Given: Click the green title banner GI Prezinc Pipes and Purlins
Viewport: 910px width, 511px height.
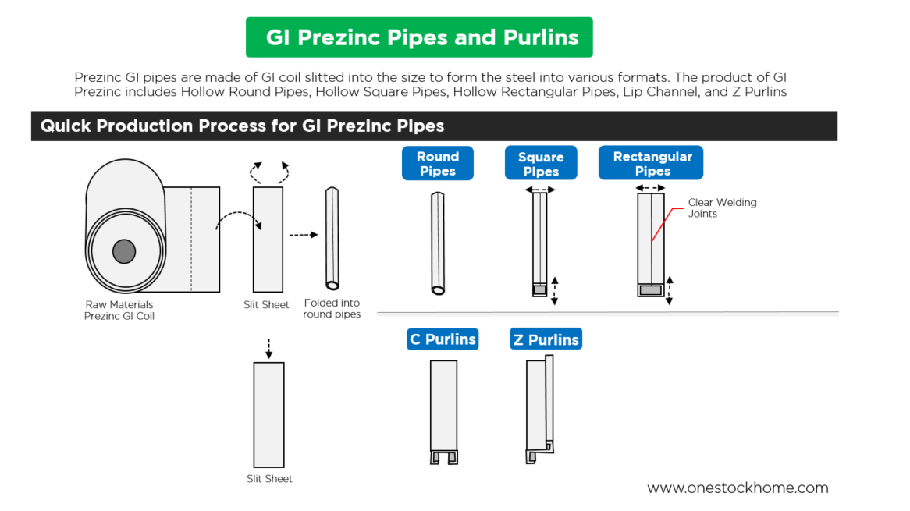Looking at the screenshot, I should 419,37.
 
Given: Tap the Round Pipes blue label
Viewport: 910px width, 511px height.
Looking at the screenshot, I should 437,164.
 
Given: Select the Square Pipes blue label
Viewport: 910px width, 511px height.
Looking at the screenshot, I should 541,164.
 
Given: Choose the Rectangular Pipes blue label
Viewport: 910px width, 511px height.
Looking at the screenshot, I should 652,163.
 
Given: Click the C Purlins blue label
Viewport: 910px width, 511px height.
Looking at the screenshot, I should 443,339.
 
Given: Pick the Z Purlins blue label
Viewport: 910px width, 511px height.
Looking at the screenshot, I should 546,339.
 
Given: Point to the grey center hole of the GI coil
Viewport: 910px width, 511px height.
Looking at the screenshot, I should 123,251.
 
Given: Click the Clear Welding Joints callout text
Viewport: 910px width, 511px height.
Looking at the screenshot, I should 722,208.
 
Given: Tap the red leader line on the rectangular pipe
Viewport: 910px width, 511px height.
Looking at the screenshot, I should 662,223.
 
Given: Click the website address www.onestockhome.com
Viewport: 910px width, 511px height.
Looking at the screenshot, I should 738,488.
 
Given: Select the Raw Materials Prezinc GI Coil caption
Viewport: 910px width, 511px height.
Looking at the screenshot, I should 119,310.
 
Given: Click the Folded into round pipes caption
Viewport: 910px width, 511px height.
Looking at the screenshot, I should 332,308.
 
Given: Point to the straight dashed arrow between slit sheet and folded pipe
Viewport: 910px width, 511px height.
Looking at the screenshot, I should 303,234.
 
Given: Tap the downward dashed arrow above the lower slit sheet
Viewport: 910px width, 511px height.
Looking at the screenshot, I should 268,349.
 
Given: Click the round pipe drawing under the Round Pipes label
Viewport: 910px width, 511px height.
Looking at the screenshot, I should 438,243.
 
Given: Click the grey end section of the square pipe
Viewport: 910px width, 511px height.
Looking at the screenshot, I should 540,290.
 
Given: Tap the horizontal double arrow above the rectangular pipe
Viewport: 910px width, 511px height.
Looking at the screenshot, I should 650,188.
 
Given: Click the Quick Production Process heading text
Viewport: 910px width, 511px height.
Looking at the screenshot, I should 242,126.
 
